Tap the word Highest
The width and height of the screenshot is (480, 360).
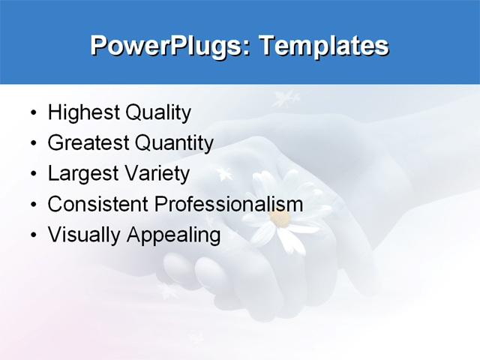(x=82, y=113)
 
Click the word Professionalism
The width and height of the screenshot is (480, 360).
(x=228, y=204)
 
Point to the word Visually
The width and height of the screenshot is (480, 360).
(x=84, y=235)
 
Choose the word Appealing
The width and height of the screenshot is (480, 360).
(x=173, y=235)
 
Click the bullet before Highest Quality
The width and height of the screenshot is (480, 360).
(x=33, y=114)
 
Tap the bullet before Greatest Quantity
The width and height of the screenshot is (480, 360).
(x=33, y=144)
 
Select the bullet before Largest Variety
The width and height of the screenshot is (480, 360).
(x=33, y=175)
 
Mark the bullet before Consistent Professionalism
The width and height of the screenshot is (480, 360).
(x=33, y=205)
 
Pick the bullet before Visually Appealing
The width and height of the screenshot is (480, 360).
(x=33, y=235)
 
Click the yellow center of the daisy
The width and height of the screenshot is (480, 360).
(x=280, y=218)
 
